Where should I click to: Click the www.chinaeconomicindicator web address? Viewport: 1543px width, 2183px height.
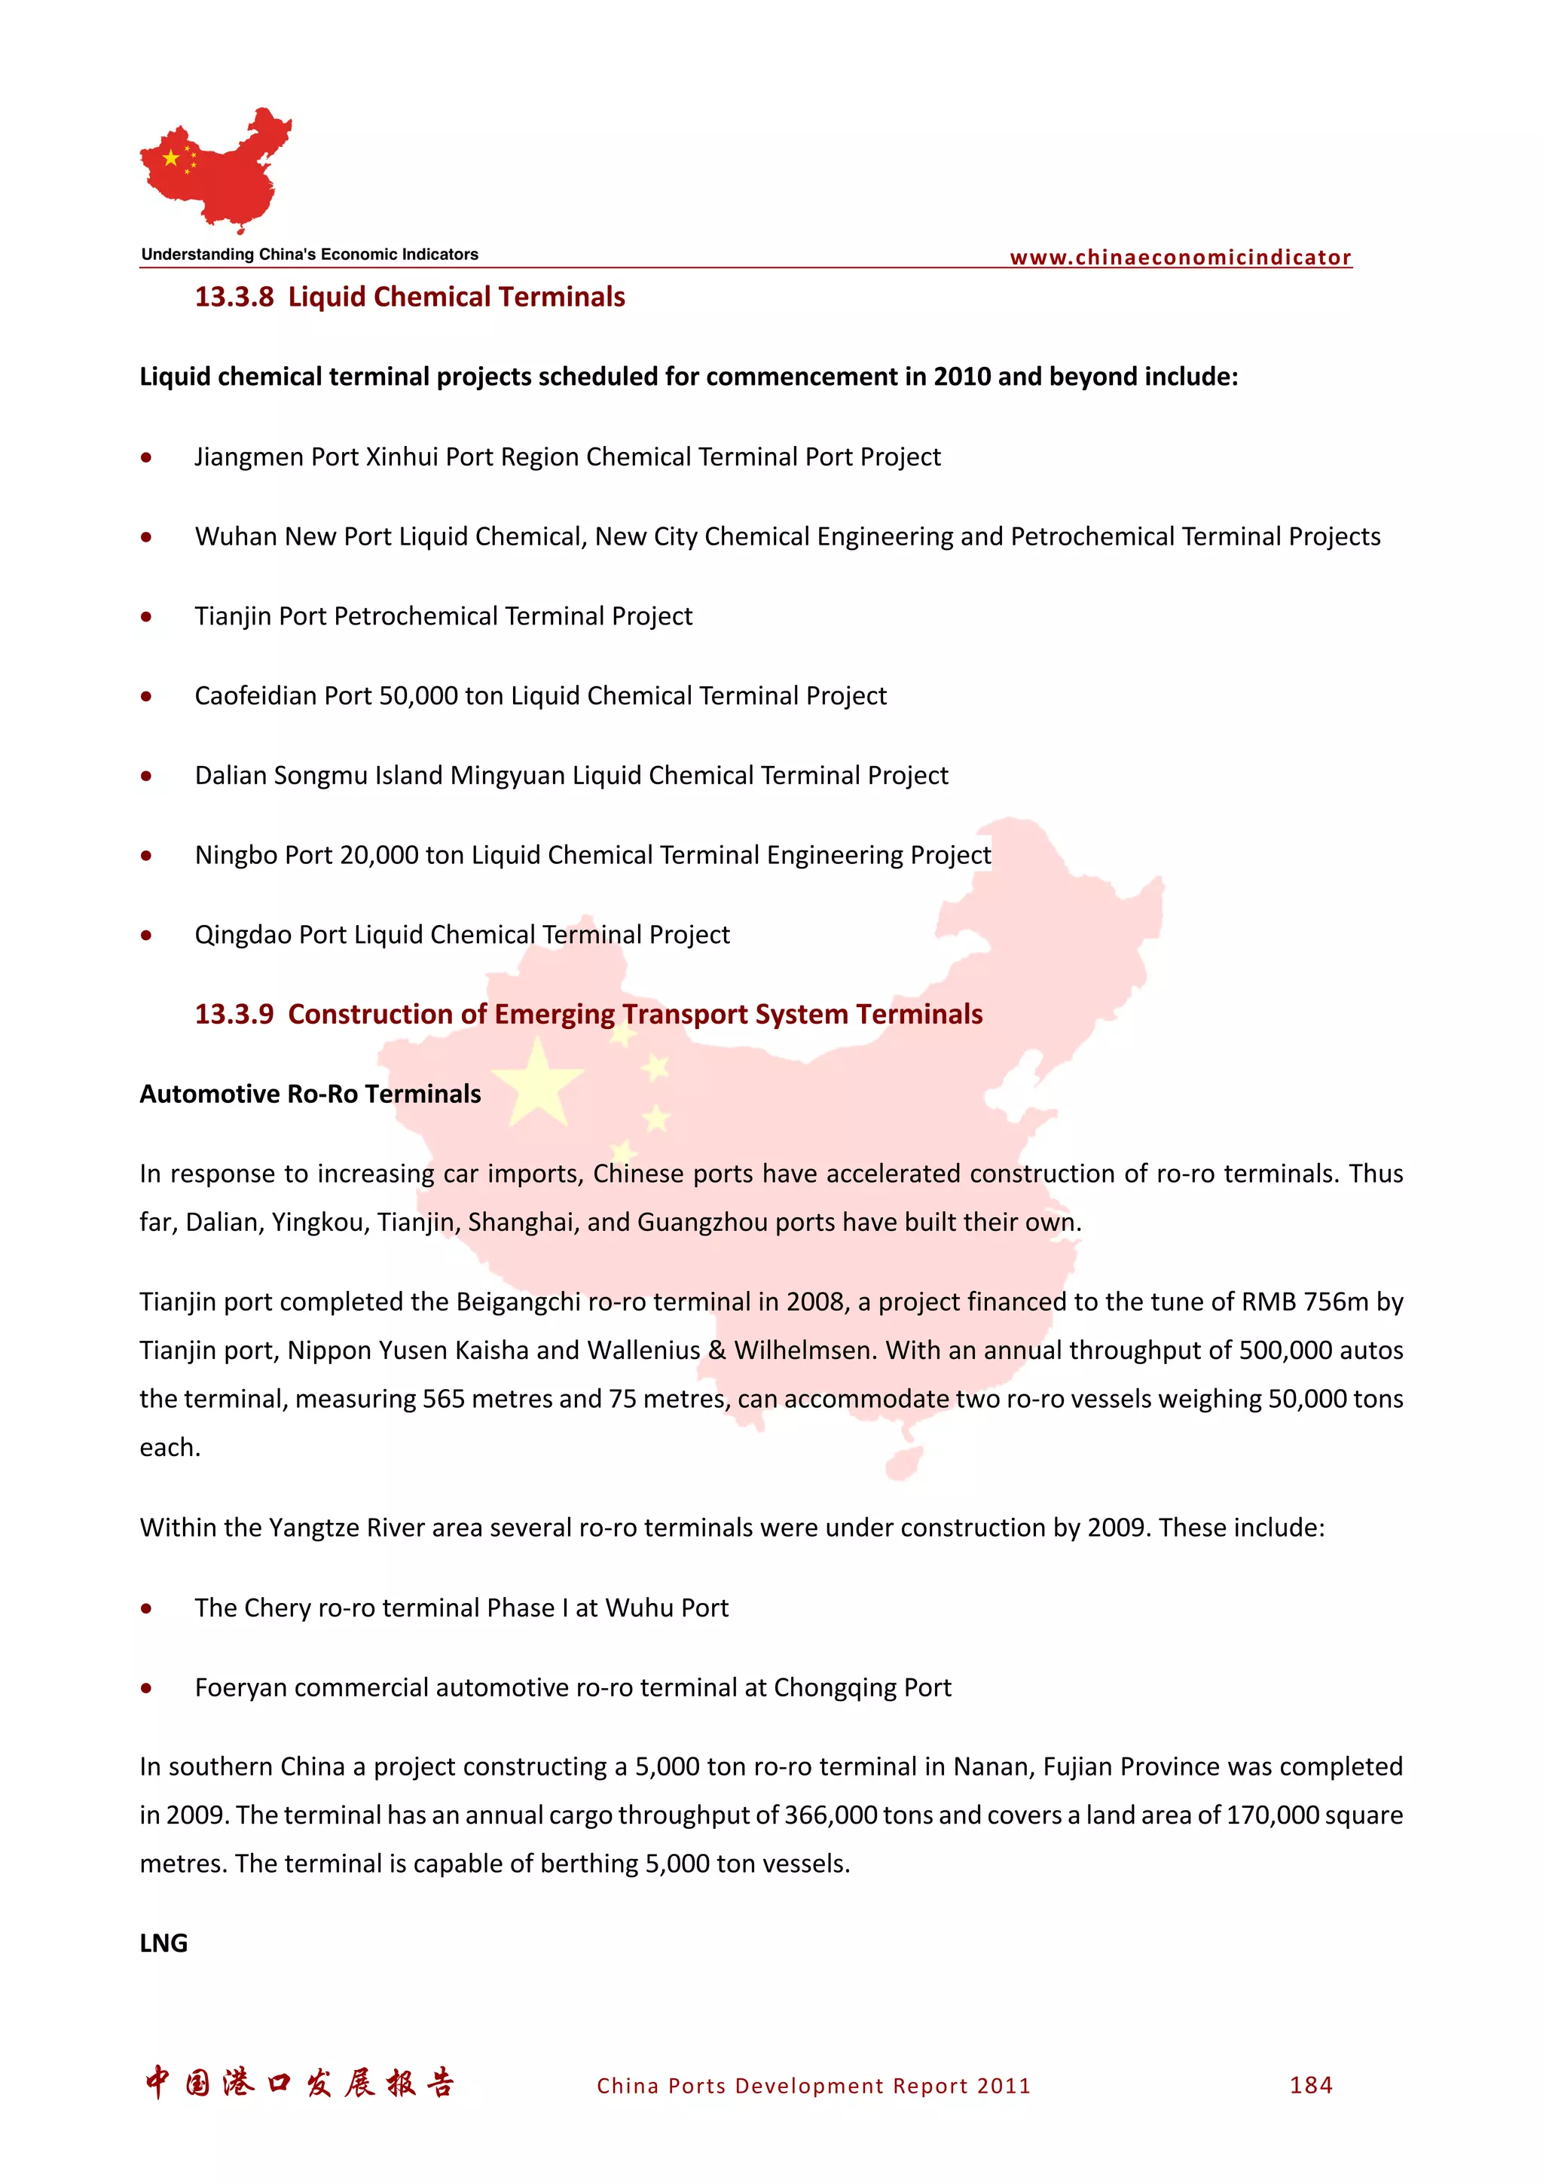[1179, 258]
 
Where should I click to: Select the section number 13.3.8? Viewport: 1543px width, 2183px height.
[234, 298]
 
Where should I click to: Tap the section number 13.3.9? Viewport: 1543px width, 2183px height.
[234, 1015]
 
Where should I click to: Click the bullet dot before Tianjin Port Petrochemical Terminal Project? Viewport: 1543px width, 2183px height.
[145, 617]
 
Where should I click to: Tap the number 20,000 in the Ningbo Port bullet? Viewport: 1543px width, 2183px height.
[378, 856]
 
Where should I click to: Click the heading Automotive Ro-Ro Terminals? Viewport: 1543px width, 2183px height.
[310, 1095]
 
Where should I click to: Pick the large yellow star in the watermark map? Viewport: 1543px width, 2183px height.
[538, 1084]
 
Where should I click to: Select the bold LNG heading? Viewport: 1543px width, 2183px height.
[163, 1943]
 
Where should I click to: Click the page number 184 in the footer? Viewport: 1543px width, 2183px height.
[1310, 2086]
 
